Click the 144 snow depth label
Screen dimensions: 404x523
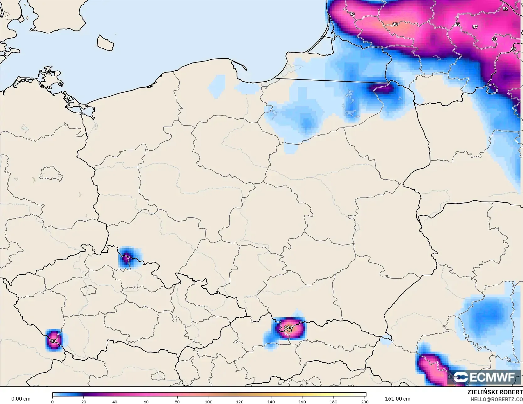288,327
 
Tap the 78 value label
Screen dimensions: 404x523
53,341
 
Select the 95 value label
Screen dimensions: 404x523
395,24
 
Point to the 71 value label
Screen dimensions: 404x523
352,14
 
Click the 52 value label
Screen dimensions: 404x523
505,9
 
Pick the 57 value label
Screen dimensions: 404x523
475,27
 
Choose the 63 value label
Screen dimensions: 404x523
494,39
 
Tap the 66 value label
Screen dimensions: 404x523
513,49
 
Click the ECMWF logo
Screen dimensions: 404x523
484,377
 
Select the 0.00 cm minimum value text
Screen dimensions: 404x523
21,399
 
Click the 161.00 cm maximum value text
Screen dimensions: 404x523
398,399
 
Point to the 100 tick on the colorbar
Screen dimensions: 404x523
208,401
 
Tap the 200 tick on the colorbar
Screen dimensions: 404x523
365,401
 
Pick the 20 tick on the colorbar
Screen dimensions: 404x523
83,401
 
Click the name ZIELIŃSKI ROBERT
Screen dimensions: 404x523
495,392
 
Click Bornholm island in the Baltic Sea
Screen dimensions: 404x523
105,43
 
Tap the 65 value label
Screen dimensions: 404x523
457,24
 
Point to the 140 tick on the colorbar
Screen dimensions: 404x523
271,401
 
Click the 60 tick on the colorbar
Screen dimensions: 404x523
146,401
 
